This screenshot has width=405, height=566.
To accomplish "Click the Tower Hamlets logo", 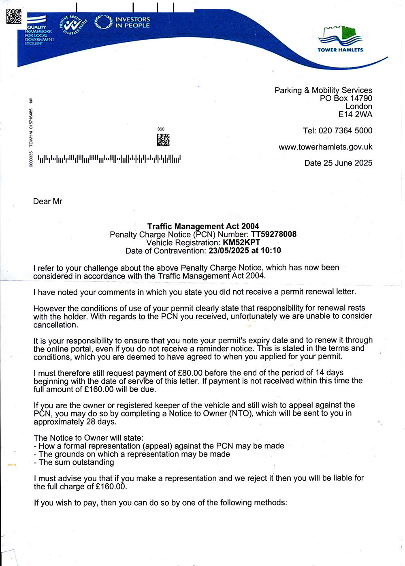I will click(x=340, y=39).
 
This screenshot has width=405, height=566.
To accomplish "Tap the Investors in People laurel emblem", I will click(x=103, y=22).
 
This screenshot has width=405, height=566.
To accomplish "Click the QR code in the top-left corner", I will click(x=13, y=16).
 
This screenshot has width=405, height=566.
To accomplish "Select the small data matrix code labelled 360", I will click(x=163, y=140).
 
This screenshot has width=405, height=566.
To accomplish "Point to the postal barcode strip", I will click(x=109, y=159).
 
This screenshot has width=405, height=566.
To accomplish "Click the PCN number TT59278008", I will click(x=274, y=234).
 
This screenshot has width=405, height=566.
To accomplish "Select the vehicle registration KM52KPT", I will click(x=241, y=242).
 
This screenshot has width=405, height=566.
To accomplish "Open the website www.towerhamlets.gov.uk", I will click(x=325, y=147).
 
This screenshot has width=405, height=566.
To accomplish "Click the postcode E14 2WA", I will click(x=355, y=114).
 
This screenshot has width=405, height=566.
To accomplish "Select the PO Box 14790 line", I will click(x=346, y=98).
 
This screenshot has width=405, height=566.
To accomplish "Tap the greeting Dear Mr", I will click(x=48, y=202).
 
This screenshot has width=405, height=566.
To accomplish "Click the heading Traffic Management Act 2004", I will click(x=203, y=226).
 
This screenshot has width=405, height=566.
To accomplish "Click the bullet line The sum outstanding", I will click(x=76, y=462).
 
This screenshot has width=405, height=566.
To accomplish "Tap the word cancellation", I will click(x=55, y=325).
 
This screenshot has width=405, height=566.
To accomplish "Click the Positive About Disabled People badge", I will click(x=73, y=25).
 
